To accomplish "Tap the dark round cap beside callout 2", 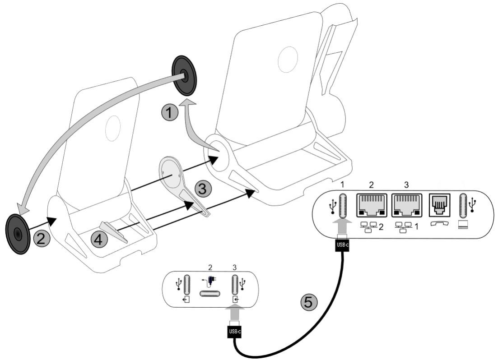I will tap(17, 233).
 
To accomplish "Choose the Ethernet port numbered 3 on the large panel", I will tap(406, 205).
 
